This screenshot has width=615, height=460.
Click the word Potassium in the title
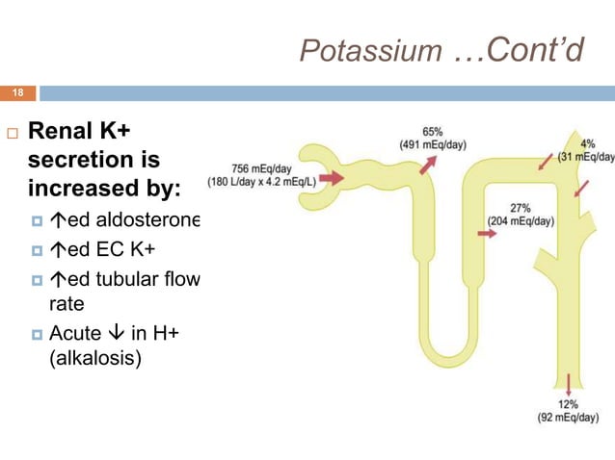[370, 49]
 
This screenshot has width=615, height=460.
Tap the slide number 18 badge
[17, 93]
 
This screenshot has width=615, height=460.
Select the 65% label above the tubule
[432, 132]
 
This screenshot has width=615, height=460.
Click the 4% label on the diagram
[587, 145]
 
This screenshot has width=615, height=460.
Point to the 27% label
[521, 208]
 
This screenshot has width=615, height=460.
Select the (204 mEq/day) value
[520, 221]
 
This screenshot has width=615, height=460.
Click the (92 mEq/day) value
[568, 418]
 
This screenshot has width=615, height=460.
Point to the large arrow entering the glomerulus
[331, 178]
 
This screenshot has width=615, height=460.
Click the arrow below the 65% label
[426, 164]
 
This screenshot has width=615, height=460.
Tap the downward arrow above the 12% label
[567, 381]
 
